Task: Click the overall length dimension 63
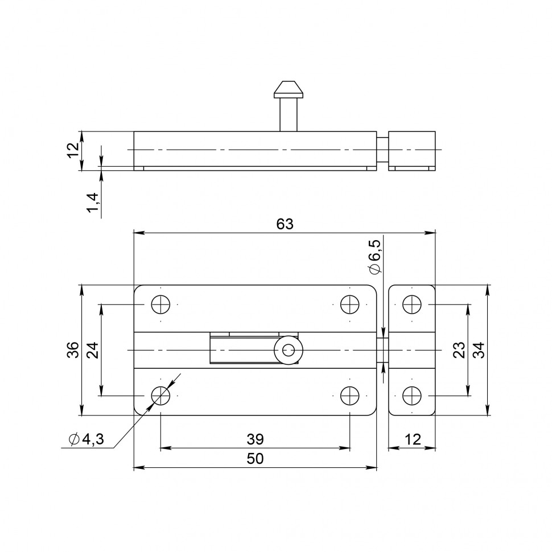[285, 224]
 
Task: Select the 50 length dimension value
[255, 459]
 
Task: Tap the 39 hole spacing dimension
[255, 439]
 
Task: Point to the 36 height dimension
[73, 350]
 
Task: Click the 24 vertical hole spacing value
[93, 350]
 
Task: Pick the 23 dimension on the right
[459, 350]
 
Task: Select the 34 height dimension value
[479, 350]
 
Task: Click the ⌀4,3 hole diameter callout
[86, 439]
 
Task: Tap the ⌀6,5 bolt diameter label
[374, 257]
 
